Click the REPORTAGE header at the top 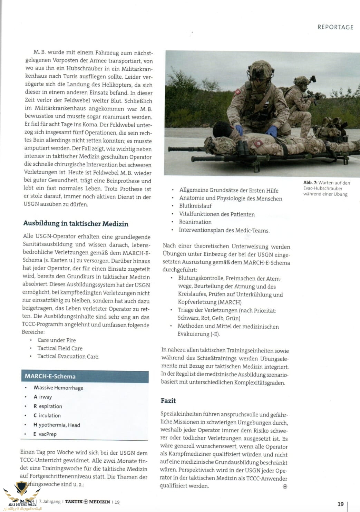pyautogui.click(x=335, y=27)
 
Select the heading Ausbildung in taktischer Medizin pyautogui.click(x=76, y=223)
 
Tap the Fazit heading pyautogui.click(x=168, y=400)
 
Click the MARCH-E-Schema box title pyautogui.click(x=50, y=376)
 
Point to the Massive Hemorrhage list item pyautogui.click(x=58, y=388)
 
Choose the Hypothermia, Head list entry pyautogui.click(x=57, y=425)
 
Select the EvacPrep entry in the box pyautogui.click(x=45, y=434)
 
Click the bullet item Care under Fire pyautogui.click(x=57, y=340)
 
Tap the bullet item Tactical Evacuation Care pyautogui.click(x=68, y=356)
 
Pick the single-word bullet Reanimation pyautogui.click(x=195, y=222)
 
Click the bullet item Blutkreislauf pyautogui.click(x=195, y=206)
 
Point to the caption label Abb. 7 pyautogui.click(x=310, y=183)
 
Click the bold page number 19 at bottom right pyautogui.click(x=340, y=504)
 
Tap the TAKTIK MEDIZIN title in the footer pyautogui.click(x=88, y=502)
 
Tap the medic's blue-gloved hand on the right pyautogui.click(x=272, y=131)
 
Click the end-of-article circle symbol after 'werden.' pyautogui.click(x=285, y=486)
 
